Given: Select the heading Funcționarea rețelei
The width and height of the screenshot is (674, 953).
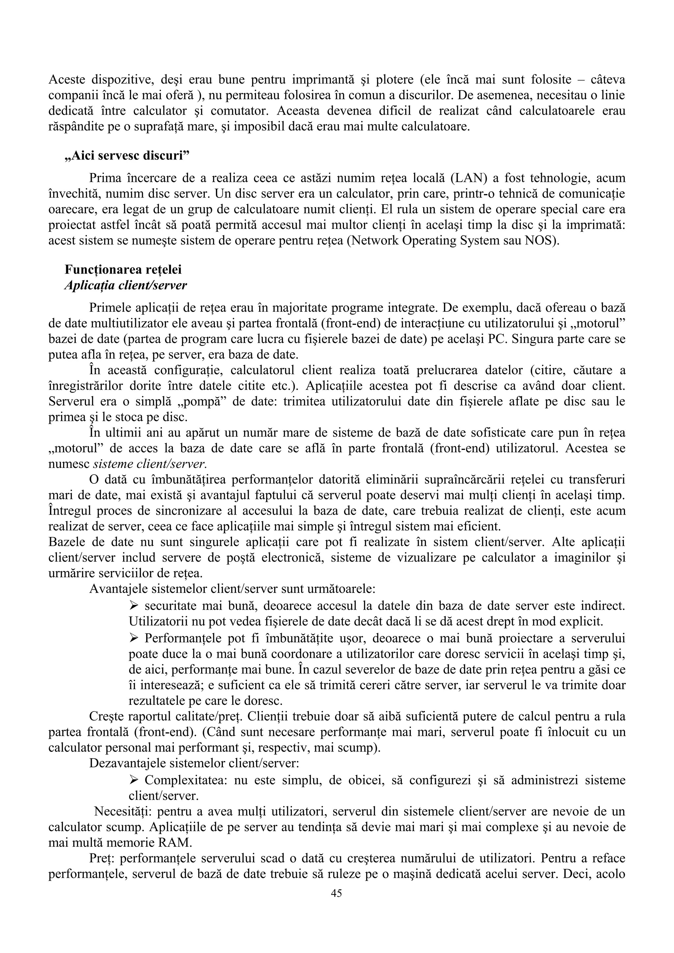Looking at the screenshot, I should click(x=123, y=269).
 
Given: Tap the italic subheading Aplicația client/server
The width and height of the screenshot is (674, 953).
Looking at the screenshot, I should click(x=126, y=285).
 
